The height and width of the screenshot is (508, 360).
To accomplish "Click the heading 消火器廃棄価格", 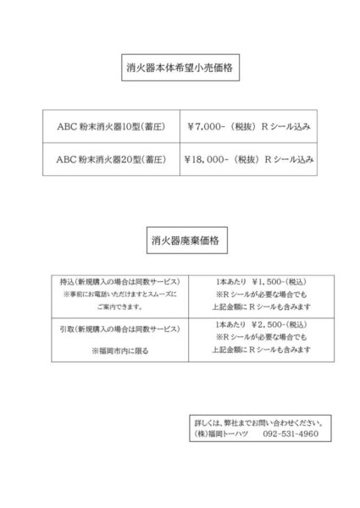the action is click(179, 240).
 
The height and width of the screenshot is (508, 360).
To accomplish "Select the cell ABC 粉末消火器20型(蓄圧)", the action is click(112, 158).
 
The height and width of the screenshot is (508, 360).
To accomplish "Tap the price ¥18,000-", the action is click(210, 158).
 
